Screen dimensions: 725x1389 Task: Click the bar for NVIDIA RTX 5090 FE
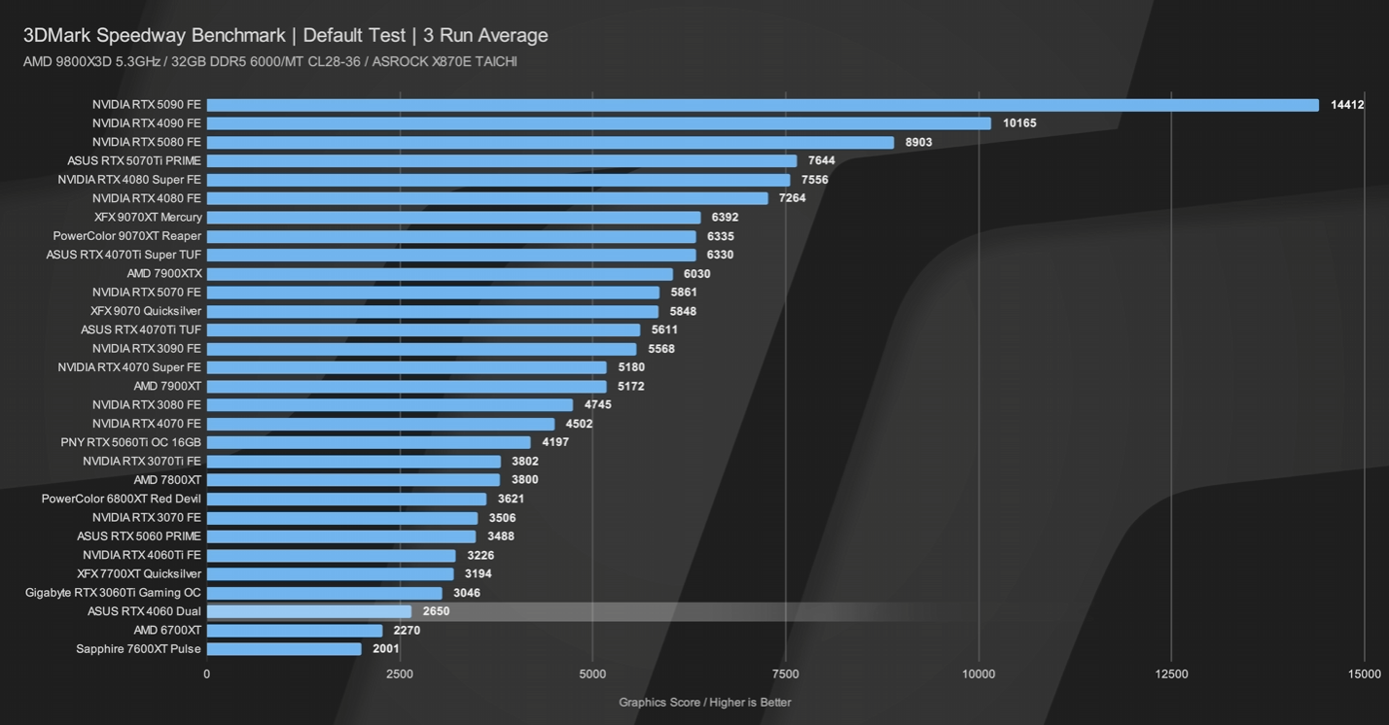click(763, 105)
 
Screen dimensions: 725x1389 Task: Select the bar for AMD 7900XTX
click(440, 274)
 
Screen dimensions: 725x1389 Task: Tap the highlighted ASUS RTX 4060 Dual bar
click(309, 611)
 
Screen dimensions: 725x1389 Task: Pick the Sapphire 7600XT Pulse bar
click(284, 649)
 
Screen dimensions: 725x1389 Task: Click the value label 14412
click(1347, 105)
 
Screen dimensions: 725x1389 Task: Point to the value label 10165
click(1019, 123)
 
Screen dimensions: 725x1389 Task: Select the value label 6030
click(697, 274)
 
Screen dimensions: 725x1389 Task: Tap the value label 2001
click(386, 649)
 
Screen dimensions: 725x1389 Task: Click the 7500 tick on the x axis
click(785, 673)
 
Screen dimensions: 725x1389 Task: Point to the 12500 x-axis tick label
click(1171, 673)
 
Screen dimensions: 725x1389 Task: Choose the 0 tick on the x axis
click(206, 673)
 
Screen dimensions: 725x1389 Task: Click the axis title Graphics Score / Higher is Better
click(705, 702)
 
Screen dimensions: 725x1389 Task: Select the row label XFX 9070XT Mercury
click(148, 218)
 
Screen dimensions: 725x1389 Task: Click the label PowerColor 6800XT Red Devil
click(122, 499)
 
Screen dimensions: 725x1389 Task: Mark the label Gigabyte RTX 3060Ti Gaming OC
click(114, 593)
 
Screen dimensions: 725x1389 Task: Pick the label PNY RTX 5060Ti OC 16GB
click(131, 442)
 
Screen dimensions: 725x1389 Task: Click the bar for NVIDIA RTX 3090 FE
click(421, 349)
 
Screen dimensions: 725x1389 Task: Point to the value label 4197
click(555, 442)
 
